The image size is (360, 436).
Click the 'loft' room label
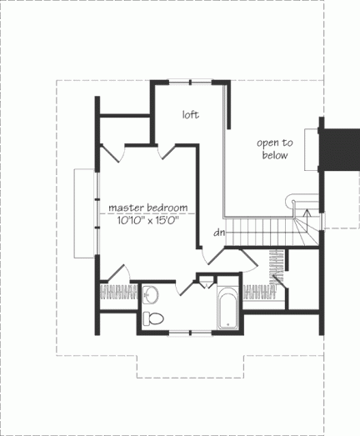coord(192,115)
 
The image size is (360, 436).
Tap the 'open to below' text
coord(272,149)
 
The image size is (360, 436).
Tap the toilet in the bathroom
coord(153,318)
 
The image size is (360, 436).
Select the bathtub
coord(228,309)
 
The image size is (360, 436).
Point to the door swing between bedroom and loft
coord(166,151)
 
